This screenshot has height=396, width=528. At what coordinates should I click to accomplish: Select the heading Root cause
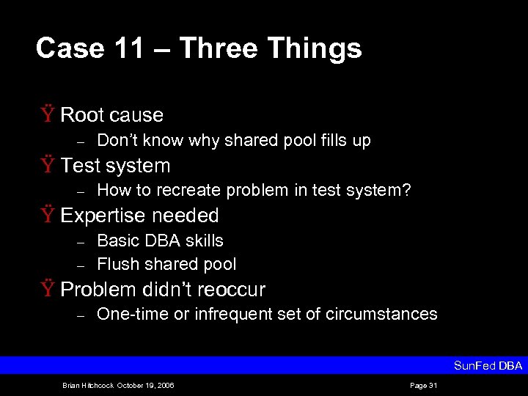coord(111,115)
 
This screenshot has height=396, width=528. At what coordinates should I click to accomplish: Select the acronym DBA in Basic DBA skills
coord(160,241)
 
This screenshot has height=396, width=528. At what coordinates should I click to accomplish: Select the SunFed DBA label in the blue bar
coord(488,365)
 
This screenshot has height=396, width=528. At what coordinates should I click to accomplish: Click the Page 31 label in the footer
coord(424,385)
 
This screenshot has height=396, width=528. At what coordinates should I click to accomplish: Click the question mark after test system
coord(406,191)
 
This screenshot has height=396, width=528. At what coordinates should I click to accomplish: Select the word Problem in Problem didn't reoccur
coord(98,290)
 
